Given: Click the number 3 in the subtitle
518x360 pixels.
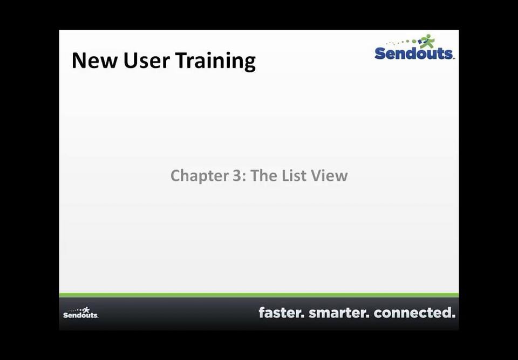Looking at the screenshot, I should [238, 176].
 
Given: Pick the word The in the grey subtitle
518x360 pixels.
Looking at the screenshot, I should [264, 176].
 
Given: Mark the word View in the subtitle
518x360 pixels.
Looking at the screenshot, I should [330, 176].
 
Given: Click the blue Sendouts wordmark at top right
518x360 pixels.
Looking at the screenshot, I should [414, 53].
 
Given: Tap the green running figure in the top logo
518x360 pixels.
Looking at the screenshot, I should [427, 41].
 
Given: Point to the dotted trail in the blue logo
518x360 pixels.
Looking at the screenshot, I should [402, 42].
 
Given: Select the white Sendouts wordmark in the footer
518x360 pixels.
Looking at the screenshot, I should [80, 315].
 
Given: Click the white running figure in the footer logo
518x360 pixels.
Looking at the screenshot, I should [86, 309].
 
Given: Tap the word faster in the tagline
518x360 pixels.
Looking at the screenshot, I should [281, 313].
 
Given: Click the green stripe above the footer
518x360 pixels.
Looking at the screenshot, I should [259, 295].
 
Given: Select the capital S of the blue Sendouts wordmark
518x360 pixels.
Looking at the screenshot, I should [380, 53].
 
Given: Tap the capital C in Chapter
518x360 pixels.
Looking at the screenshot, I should [176, 176].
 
